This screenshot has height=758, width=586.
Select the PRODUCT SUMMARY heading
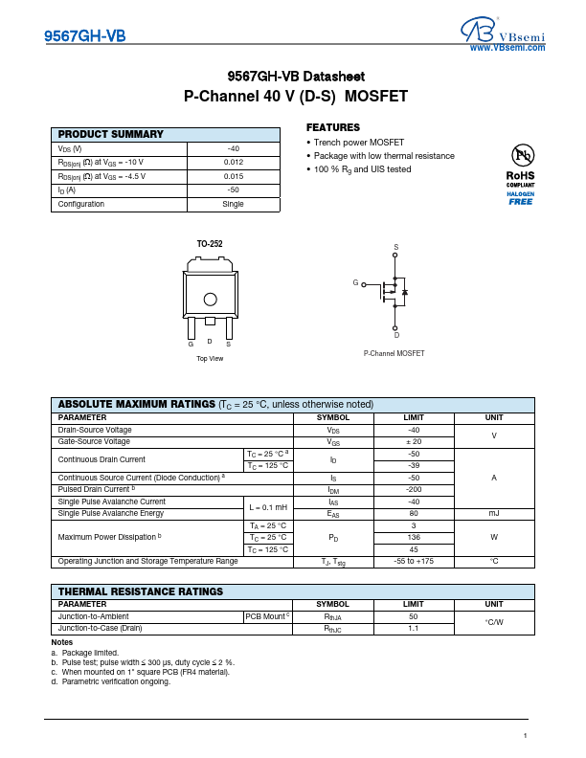[111, 135]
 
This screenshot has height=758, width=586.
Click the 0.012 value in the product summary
[234, 163]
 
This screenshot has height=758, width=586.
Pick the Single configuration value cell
[234, 204]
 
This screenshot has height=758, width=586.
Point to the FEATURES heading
[333, 127]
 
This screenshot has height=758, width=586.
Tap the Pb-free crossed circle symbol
[521, 155]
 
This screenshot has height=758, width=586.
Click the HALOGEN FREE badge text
[521, 198]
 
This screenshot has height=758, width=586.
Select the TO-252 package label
[210, 245]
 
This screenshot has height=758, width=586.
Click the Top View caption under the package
[210, 358]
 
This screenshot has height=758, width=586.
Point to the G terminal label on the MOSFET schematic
[355, 283]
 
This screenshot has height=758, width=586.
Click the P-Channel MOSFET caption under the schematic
[394, 354]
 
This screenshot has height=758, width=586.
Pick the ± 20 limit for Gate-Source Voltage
[415, 442]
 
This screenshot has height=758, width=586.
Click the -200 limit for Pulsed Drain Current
[415, 489]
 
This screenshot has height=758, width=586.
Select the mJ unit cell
[494, 514]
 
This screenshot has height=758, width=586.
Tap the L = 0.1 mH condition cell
[269, 507]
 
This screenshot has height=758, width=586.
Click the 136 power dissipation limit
[415, 538]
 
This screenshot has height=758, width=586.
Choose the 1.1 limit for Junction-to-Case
[415, 629]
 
